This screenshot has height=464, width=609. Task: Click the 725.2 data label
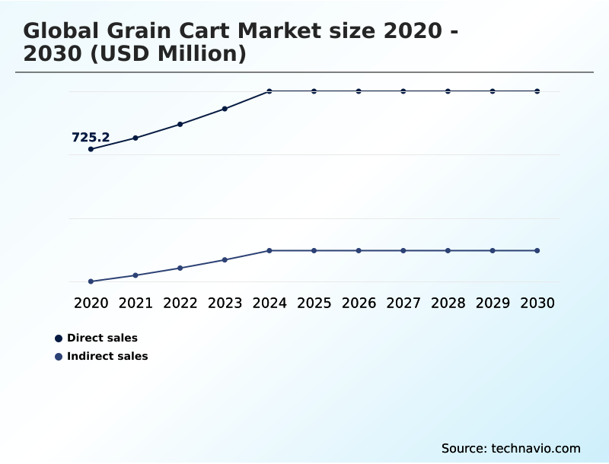(x=91, y=138)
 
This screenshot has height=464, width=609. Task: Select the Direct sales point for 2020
(x=91, y=149)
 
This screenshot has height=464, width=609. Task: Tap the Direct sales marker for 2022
(x=180, y=124)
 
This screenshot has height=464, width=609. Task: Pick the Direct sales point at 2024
(x=269, y=91)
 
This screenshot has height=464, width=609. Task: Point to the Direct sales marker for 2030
(x=537, y=91)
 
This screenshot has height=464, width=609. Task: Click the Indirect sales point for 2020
(x=91, y=281)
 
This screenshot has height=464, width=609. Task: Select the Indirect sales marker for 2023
(x=225, y=260)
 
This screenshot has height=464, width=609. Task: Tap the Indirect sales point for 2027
(x=403, y=250)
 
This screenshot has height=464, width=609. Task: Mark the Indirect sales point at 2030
(x=537, y=250)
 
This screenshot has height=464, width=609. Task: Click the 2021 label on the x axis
(x=136, y=303)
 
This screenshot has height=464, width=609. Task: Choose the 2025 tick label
(x=314, y=303)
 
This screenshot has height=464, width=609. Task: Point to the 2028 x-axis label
(x=448, y=303)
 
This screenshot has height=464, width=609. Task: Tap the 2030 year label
(x=537, y=303)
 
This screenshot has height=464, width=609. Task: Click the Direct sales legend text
(x=102, y=338)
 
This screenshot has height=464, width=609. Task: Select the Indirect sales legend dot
(x=59, y=356)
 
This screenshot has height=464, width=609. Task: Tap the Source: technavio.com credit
(x=511, y=448)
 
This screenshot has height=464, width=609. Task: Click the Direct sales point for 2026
(x=359, y=91)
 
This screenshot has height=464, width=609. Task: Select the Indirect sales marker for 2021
(x=136, y=275)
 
